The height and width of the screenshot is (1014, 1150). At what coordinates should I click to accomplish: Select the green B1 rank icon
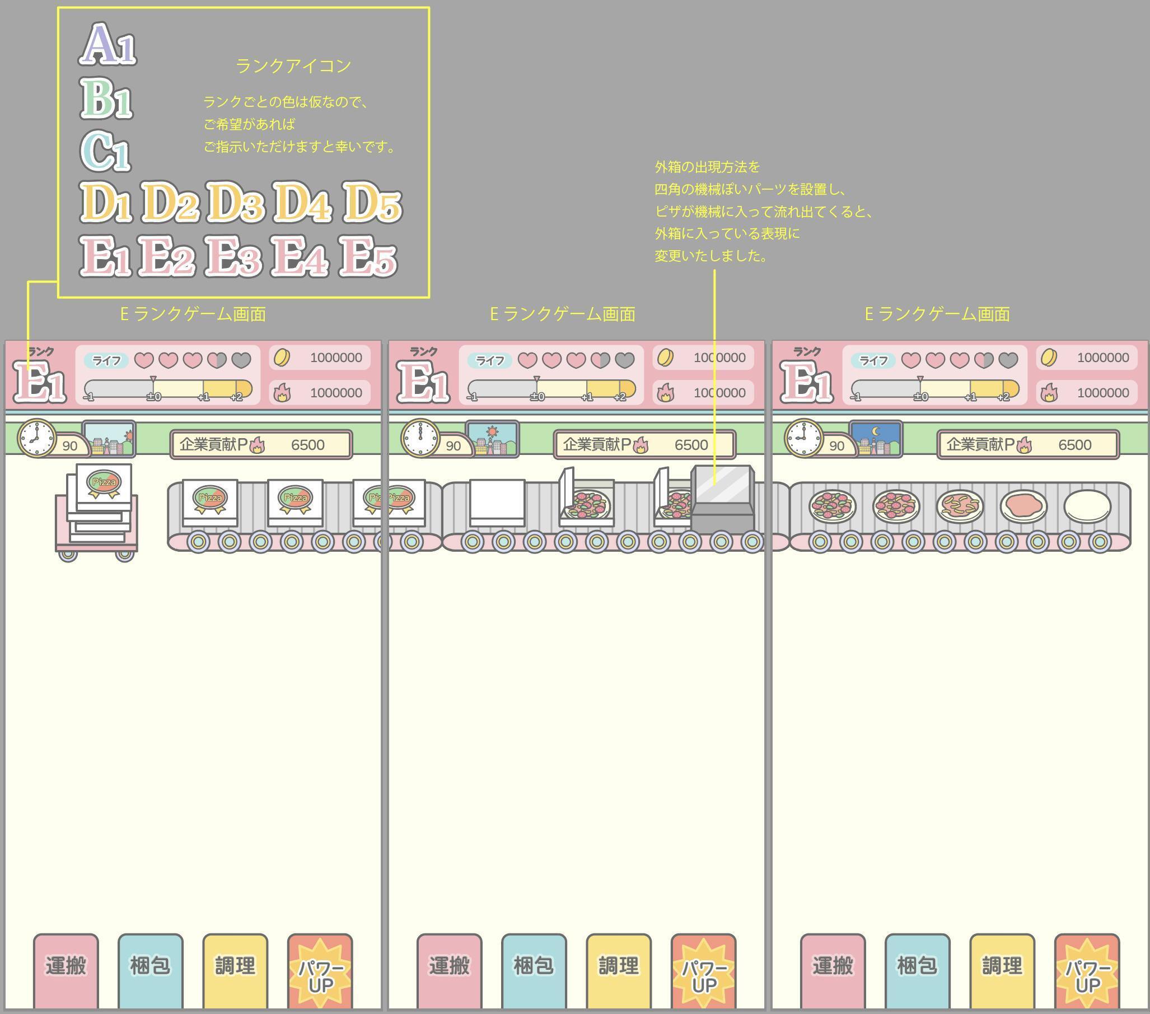[x=106, y=98]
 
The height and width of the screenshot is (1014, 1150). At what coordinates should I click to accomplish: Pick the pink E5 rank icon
[x=368, y=256]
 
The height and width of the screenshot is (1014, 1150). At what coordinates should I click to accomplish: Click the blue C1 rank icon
[x=105, y=151]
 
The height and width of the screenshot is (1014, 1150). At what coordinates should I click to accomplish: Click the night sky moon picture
[x=876, y=439]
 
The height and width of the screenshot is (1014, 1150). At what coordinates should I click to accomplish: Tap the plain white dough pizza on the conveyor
[x=1087, y=506]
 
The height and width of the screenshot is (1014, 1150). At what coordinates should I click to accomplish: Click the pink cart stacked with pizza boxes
[x=97, y=513]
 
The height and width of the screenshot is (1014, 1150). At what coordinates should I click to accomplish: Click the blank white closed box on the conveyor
[x=497, y=503]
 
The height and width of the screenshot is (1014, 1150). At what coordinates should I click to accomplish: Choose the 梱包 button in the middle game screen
[x=534, y=971]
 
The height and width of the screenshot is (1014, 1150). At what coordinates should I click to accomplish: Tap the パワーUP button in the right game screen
[x=1087, y=971]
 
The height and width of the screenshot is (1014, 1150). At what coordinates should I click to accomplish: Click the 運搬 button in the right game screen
[x=833, y=971]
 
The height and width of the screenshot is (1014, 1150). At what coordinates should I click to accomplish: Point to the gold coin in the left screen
[x=281, y=358]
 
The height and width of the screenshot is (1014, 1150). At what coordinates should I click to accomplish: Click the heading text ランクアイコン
[x=293, y=66]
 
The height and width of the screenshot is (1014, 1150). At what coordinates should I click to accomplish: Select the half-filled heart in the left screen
[x=217, y=360]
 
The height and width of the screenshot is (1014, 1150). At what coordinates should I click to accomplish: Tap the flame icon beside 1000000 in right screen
[x=1049, y=392]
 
